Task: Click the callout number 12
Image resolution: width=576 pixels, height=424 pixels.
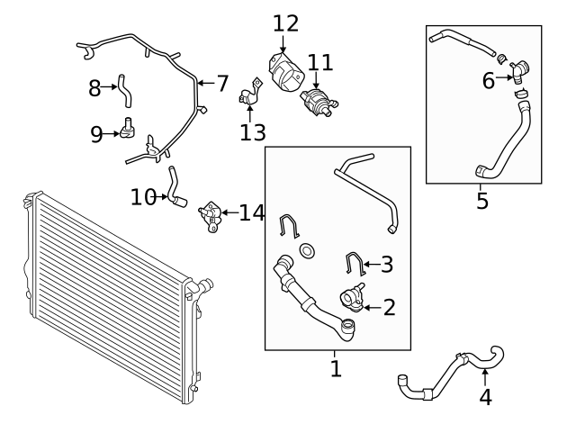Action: click(x=285, y=23)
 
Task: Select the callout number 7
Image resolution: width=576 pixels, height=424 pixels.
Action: click(x=222, y=84)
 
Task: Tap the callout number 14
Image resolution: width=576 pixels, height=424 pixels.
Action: click(x=252, y=212)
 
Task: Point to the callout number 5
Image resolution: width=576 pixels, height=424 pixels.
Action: click(x=482, y=201)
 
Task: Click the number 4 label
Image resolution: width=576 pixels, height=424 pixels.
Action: click(x=485, y=397)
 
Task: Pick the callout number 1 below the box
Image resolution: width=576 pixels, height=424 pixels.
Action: click(x=336, y=368)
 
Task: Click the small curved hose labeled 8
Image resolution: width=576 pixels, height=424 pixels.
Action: click(x=124, y=91)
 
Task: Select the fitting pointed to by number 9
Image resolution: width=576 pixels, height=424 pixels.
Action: click(x=127, y=128)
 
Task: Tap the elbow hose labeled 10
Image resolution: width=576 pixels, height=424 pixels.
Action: click(x=176, y=187)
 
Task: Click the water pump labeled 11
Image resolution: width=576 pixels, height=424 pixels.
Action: click(x=319, y=102)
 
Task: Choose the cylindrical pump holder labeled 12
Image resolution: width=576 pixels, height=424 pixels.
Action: click(x=286, y=72)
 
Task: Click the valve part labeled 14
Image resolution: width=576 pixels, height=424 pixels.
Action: click(x=211, y=216)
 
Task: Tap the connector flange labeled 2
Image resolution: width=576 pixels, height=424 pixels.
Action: click(x=352, y=297)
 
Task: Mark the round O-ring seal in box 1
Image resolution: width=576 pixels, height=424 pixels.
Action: click(x=308, y=250)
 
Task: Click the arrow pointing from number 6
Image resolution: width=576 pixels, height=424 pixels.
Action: click(x=504, y=77)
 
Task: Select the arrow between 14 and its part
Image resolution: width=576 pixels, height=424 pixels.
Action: click(x=230, y=212)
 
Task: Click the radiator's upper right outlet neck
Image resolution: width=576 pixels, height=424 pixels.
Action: click(x=205, y=284)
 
